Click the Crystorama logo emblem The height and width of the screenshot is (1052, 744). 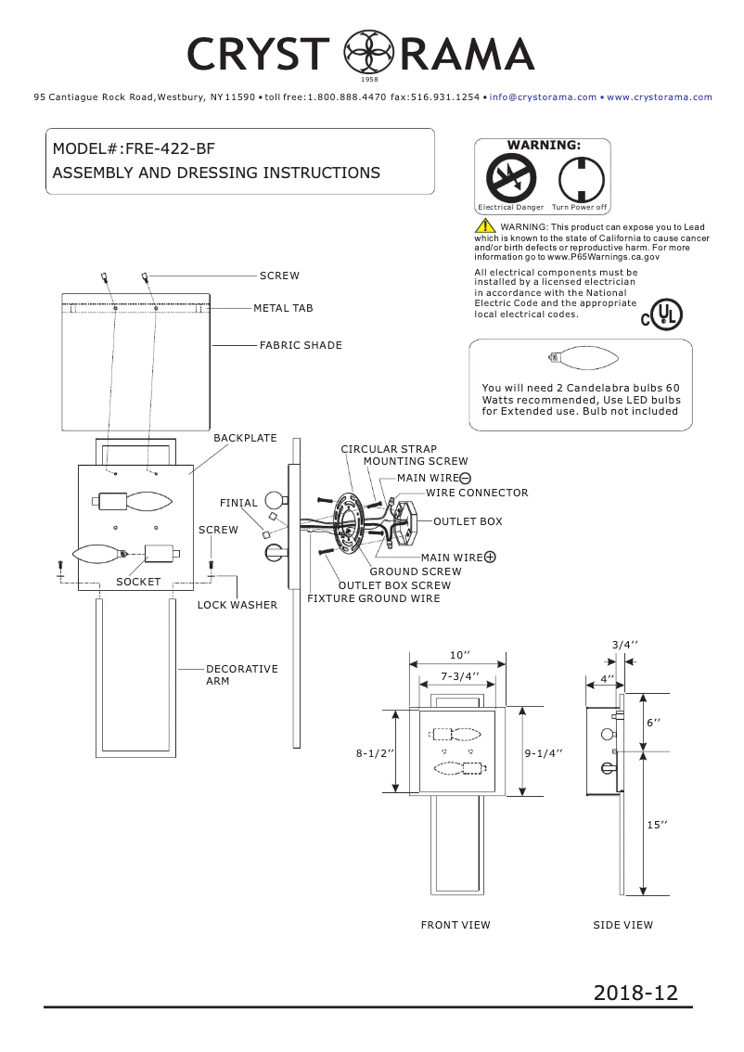pos(364,53)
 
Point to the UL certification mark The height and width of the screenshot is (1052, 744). pos(662,315)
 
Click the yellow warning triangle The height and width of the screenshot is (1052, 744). pos(485,227)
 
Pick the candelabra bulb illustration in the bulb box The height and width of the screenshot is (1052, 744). pos(580,356)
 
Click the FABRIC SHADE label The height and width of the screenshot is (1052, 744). pos(301,345)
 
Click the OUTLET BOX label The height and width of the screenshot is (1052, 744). pos(468,521)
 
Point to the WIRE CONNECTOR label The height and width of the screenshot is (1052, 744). pos(477,493)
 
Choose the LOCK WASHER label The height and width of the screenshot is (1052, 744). pos(237,605)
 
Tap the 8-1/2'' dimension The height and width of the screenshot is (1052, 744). pos(376,754)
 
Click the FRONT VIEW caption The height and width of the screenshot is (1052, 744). pos(455,925)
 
